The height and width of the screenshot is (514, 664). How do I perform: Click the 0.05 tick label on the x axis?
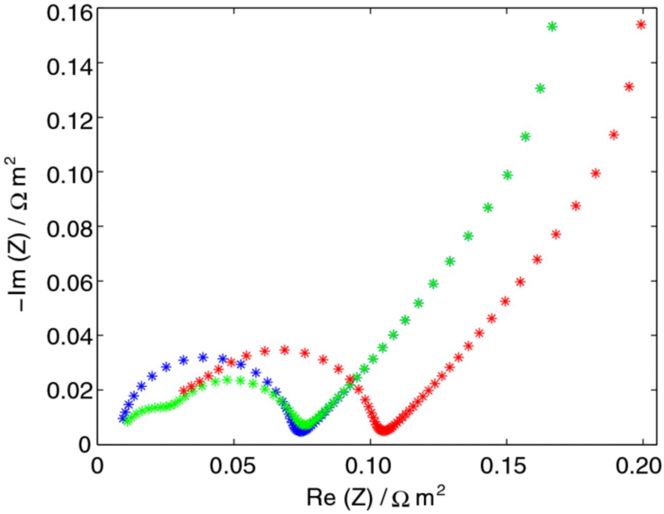tap(233, 466)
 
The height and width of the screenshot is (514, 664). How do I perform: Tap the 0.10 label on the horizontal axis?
tap(370, 466)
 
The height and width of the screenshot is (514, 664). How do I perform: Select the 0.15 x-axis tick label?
tap(506, 466)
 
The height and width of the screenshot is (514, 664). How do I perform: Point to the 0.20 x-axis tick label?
tap(641, 466)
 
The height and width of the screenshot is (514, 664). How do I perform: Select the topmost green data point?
tap(552, 26)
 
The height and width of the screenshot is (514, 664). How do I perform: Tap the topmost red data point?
tap(641, 24)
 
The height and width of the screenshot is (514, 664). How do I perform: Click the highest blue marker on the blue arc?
tap(203, 357)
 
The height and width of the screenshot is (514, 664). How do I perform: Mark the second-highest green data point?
tap(540, 89)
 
